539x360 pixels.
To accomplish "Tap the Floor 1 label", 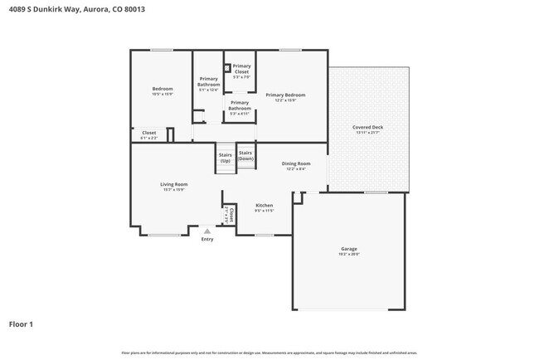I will (x=22, y=324).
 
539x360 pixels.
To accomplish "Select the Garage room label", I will (x=349, y=249).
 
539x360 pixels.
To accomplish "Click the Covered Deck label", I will (x=367, y=127).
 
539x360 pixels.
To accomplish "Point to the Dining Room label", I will (x=296, y=163).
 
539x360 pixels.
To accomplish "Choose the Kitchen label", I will (x=265, y=205).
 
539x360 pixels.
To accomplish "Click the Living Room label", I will (x=174, y=183).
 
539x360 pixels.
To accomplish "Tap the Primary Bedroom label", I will (x=285, y=95).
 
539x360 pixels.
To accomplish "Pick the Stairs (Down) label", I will (x=245, y=155).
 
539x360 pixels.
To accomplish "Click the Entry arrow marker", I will (x=207, y=231).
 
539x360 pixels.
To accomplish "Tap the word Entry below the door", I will (x=207, y=240).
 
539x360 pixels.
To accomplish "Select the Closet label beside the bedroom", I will (x=149, y=132).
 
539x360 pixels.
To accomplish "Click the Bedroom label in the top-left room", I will (x=162, y=89).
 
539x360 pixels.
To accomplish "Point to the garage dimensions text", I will (x=349, y=255).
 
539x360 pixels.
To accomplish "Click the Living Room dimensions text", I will (x=174, y=189).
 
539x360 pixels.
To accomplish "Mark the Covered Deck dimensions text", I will (x=367, y=133).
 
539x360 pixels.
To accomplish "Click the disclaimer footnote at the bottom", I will (x=269, y=353).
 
